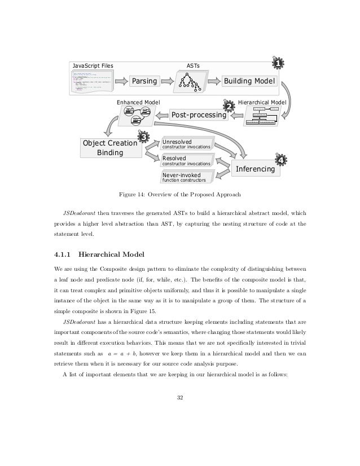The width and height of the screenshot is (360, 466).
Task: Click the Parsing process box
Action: click(x=145, y=81)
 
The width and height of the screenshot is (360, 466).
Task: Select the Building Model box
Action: click(x=249, y=81)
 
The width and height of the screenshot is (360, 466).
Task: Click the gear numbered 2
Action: click(x=229, y=106)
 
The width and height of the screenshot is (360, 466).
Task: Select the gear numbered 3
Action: click(x=143, y=137)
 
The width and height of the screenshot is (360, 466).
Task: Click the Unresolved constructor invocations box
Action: click(x=186, y=144)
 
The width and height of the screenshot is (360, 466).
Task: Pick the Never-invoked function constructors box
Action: click(x=186, y=178)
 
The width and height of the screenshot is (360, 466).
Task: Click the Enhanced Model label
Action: click(x=138, y=102)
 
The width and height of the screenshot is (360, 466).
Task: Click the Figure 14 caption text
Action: click(x=179, y=195)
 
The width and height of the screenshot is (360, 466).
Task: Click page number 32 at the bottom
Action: click(x=179, y=401)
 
